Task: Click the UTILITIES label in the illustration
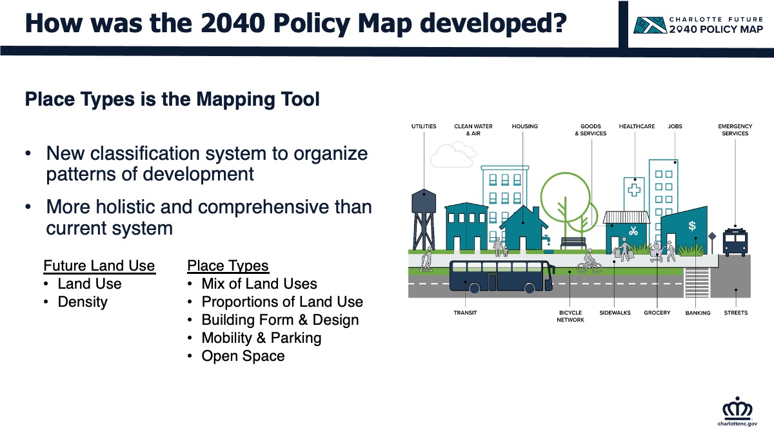click(424, 126)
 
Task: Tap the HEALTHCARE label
click(637, 126)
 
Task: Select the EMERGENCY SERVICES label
click(735, 130)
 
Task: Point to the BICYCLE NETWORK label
click(570, 316)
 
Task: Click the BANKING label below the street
click(698, 313)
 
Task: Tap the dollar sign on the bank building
click(691, 226)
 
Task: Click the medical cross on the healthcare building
click(634, 190)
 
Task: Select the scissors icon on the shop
click(633, 231)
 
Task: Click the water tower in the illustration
click(424, 220)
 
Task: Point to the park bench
click(573, 243)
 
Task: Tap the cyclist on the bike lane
click(589, 262)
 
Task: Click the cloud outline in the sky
click(453, 155)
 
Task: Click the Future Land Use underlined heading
click(99, 266)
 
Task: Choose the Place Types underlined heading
click(228, 266)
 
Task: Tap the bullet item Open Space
click(243, 356)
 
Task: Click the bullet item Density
click(83, 302)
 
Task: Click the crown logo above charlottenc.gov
click(737, 408)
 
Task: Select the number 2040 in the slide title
click(233, 23)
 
